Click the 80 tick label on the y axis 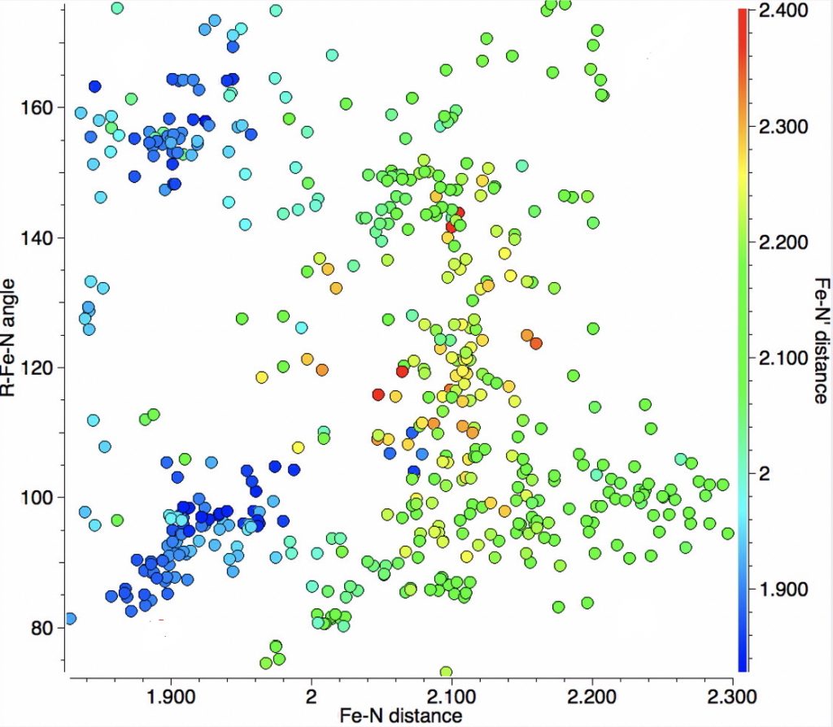point(44,628)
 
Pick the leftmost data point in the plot point(70,619)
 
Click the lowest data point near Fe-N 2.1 point(446,672)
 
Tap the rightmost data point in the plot point(728,533)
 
